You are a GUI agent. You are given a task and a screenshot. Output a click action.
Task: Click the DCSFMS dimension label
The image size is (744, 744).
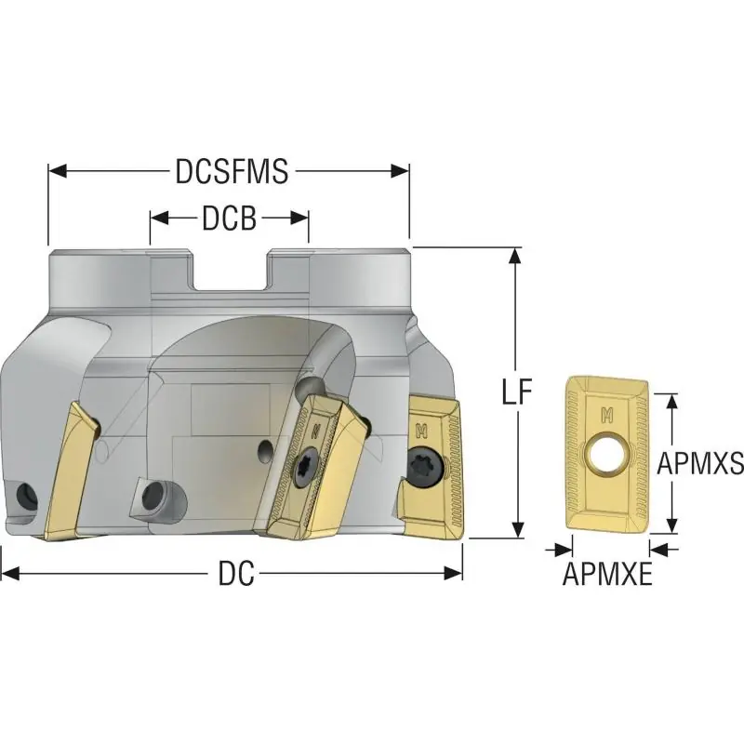[x=232, y=171]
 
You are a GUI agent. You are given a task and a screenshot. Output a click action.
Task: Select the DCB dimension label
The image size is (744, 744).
[x=230, y=219]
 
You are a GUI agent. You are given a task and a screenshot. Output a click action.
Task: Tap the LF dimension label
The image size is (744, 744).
[x=517, y=392]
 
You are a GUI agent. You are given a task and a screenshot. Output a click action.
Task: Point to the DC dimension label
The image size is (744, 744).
[x=236, y=573]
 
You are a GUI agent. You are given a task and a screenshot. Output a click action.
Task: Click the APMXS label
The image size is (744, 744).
[x=700, y=463]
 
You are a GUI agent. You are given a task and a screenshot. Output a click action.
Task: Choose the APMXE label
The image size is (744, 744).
[x=607, y=574]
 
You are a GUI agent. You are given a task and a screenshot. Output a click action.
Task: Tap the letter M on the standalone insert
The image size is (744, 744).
[x=607, y=415]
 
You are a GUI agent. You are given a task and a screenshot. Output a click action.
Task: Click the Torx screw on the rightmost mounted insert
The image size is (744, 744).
[x=426, y=466]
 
